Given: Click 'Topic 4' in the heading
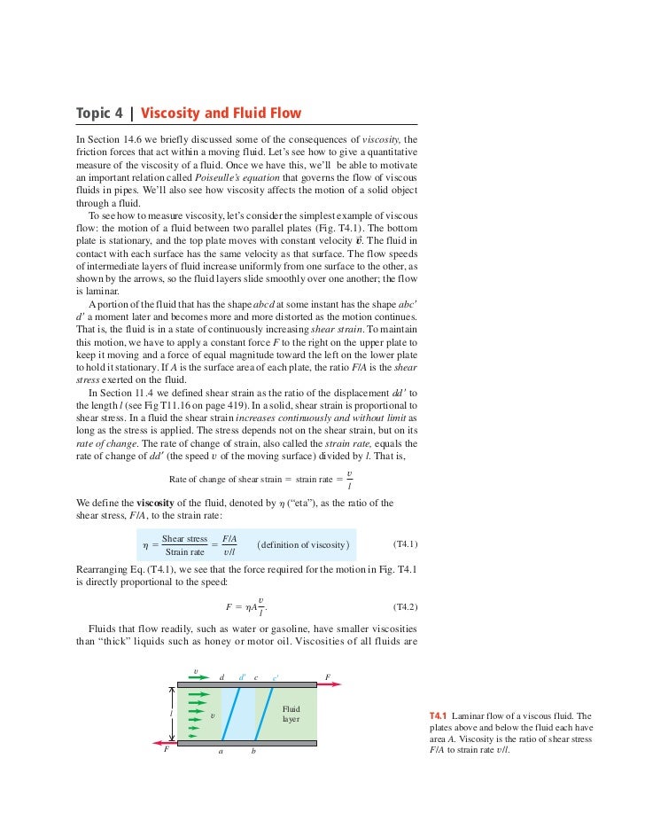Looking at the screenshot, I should tap(100, 113).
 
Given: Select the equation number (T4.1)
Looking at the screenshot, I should tap(404, 543).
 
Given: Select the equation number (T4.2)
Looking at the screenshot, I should tap(404, 607).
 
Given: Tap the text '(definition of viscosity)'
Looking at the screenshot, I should tap(303, 543).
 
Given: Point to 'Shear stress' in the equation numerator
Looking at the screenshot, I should tap(184, 538).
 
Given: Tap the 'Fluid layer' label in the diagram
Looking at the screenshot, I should tap(291, 714).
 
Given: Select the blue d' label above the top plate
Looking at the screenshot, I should tap(242, 677).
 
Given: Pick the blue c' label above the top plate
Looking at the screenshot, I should tap(276, 677).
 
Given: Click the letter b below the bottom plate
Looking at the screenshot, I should tap(253, 752).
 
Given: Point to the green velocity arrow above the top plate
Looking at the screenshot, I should tap(198, 676).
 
